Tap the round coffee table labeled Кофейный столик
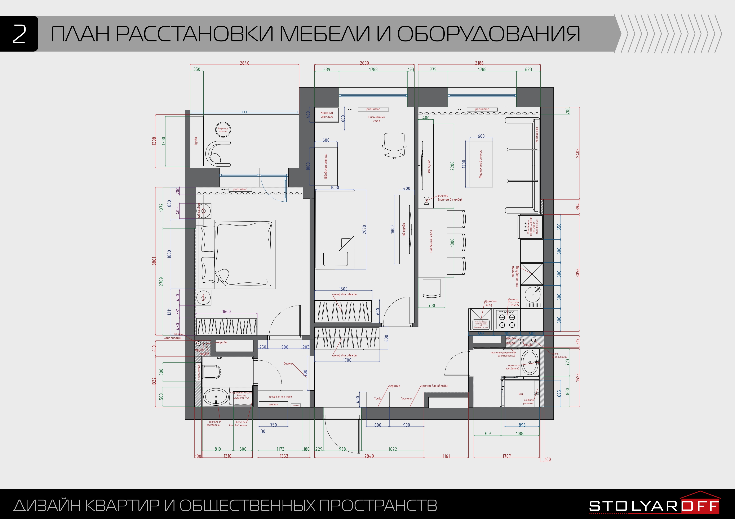point(223,130)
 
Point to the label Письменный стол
point(376,119)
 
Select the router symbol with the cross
point(426,200)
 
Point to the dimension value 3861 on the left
point(154,261)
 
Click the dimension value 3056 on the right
point(577,273)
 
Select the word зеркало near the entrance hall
point(394,386)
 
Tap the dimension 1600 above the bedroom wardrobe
point(226,311)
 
